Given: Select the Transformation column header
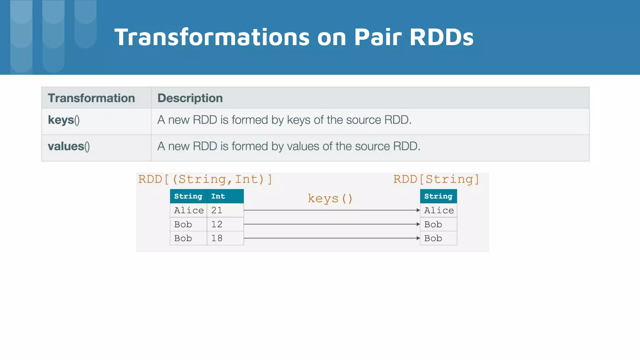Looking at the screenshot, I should [x=91, y=98].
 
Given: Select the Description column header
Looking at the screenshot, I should [x=190, y=98].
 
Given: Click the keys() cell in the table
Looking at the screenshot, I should [x=64, y=120].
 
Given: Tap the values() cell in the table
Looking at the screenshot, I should [x=69, y=146].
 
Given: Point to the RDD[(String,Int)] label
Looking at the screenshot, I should [x=205, y=179].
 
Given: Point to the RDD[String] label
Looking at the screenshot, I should [x=436, y=179].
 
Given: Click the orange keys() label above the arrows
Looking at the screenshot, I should [x=330, y=198].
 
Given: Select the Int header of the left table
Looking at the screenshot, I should [x=218, y=196].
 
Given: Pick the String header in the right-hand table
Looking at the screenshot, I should [x=438, y=196].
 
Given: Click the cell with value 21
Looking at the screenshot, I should [x=217, y=210].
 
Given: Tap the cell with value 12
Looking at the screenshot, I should [x=217, y=224].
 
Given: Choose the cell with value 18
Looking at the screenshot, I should [x=217, y=238].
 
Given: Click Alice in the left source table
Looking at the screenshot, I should [x=189, y=210].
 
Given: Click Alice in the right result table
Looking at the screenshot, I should [x=439, y=210].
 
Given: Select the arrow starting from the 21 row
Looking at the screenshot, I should [x=331, y=210].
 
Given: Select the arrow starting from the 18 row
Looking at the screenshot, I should [x=331, y=238].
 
